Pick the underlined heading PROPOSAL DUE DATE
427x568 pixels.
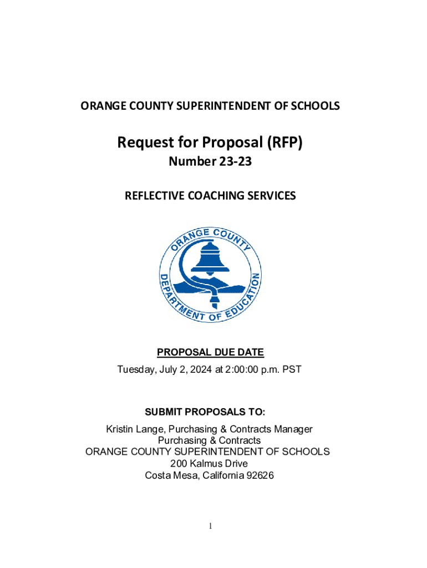(210, 352)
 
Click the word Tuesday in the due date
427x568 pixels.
(132, 368)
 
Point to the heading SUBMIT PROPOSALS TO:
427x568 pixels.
(205, 412)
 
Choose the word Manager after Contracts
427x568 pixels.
(295, 429)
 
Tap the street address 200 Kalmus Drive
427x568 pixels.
(210, 463)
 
